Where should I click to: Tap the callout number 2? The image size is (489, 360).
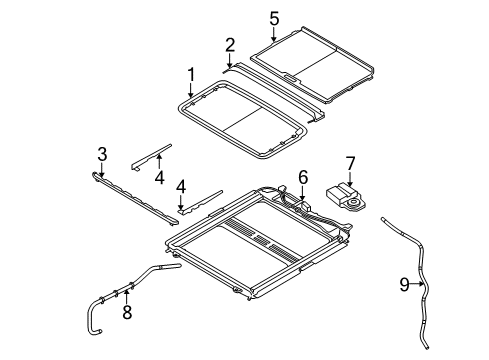tap(230, 45)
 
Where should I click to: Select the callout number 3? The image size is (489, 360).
tap(101, 153)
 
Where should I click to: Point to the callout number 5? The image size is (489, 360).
tap(274, 18)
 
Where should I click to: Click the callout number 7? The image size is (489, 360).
tap(350, 162)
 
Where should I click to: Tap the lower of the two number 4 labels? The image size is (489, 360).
tap(181, 186)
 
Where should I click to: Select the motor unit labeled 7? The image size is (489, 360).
tap(345, 196)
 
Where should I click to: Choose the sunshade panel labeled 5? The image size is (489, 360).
tap(315, 70)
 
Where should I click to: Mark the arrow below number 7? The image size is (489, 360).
tap(350, 177)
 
